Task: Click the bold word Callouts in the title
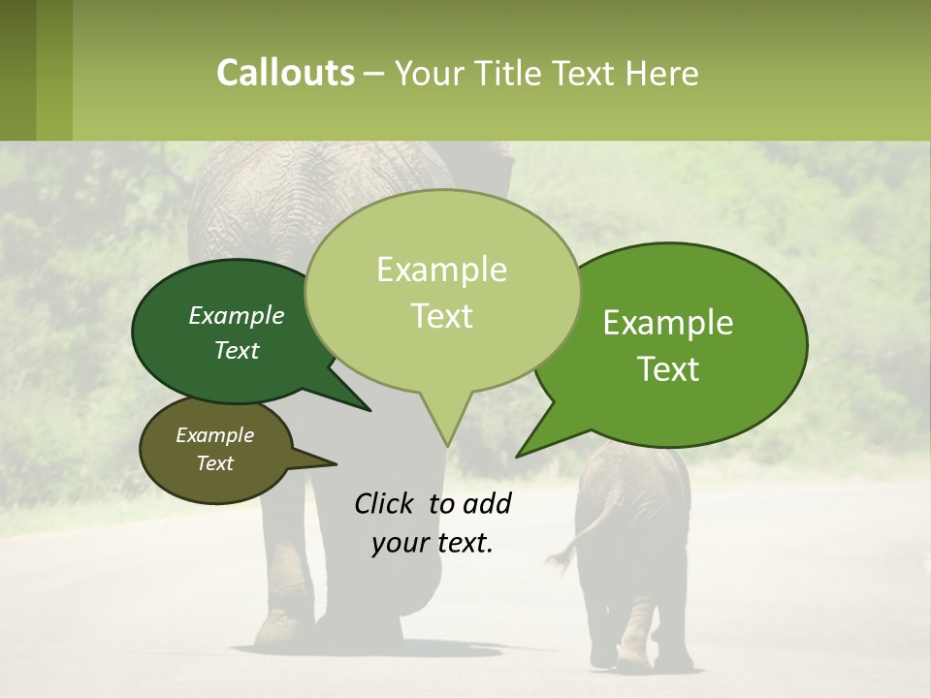285,74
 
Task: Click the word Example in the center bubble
441,270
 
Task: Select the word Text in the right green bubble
669,369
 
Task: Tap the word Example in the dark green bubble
236,316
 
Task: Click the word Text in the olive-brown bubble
214,463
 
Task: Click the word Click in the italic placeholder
384,503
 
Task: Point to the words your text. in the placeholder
433,544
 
